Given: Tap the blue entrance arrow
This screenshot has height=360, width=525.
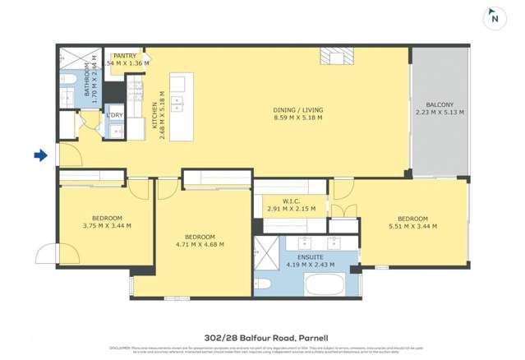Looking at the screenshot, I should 39,155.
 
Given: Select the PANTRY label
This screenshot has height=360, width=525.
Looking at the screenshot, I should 125,55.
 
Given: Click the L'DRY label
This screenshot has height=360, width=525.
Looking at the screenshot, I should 114,116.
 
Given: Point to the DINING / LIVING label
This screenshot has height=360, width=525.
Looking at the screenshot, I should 297,109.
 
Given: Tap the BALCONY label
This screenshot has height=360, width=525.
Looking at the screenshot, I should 440,104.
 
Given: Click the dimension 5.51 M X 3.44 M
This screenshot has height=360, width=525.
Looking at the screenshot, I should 411,226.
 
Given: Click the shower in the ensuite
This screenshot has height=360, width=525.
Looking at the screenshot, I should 265,249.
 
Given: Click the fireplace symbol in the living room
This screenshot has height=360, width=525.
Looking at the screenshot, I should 335,55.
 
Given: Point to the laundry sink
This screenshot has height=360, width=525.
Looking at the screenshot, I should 89,121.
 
